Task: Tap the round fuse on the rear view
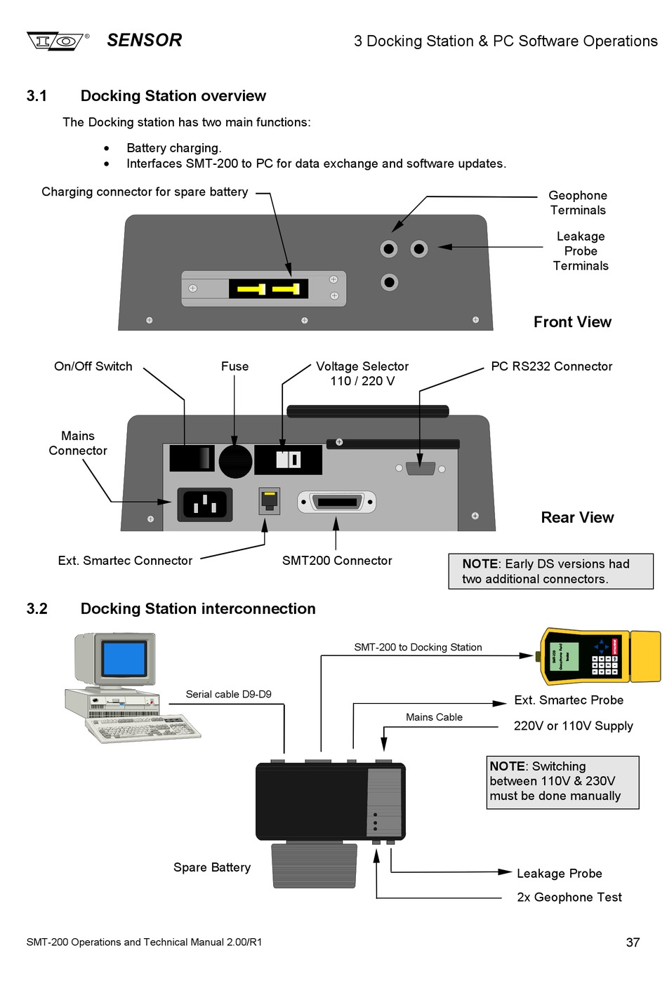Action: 235,461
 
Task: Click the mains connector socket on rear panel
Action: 204,504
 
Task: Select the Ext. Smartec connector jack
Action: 270,500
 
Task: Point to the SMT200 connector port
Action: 337,502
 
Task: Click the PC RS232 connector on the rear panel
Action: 421,468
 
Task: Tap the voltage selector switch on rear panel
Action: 288,460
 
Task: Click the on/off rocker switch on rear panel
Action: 191,458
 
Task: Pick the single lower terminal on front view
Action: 389,282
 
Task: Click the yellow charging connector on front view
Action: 268,288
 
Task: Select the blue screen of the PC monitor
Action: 124,660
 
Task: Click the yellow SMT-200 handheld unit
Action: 600,657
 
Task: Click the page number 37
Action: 633,942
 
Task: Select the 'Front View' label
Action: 572,322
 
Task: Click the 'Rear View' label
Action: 577,517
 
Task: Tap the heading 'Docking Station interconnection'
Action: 198,608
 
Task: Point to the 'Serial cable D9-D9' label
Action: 228,694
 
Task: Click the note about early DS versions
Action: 550,571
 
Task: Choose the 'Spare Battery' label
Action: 212,867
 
